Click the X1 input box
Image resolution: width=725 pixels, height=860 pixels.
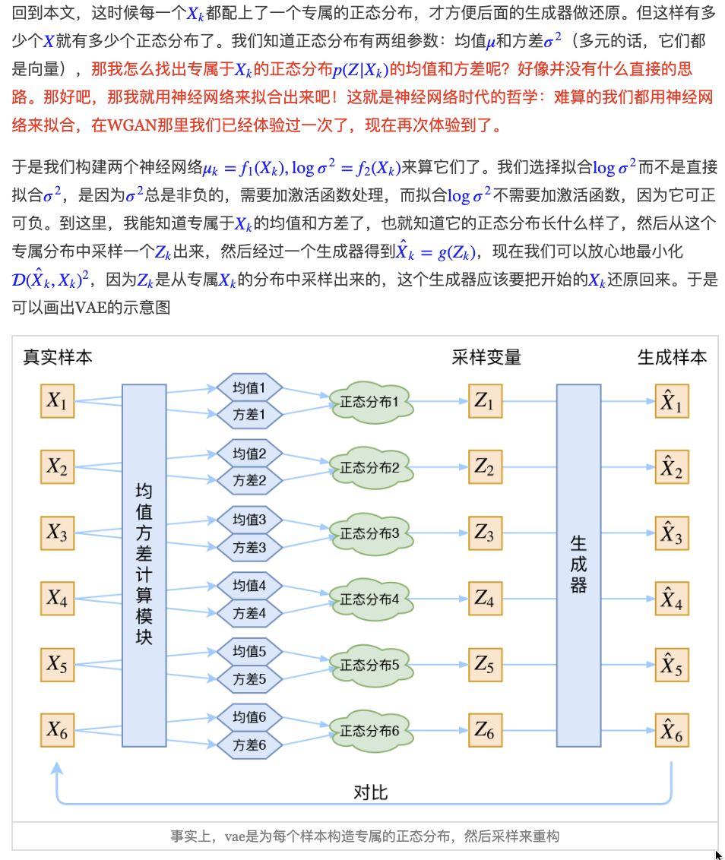[x=58, y=401]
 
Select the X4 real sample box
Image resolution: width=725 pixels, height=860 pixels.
[x=58, y=599]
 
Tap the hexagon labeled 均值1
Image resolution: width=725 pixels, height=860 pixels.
[x=249, y=388]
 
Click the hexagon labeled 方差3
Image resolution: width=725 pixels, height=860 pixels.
[x=249, y=546]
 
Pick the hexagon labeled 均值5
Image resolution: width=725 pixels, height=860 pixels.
[x=249, y=651]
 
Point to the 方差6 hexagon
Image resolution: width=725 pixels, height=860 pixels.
[x=249, y=745]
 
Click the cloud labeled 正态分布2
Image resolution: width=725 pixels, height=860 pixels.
[x=370, y=468]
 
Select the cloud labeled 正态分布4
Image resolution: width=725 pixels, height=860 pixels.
[x=370, y=599]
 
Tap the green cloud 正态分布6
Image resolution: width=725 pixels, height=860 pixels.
[x=370, y=731]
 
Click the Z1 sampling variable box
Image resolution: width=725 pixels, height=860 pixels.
[x=484, y=401]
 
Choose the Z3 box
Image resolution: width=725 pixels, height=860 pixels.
[x=484, y=532]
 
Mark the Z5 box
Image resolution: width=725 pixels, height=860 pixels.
[x=484, y=665]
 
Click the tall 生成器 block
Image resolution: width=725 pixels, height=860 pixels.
[x=578, y=564]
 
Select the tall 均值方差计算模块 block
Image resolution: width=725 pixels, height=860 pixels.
[x=144, y=564]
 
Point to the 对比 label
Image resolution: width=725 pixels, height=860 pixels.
[x=371, y=792]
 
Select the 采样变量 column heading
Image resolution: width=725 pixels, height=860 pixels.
[x=486, y=356]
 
